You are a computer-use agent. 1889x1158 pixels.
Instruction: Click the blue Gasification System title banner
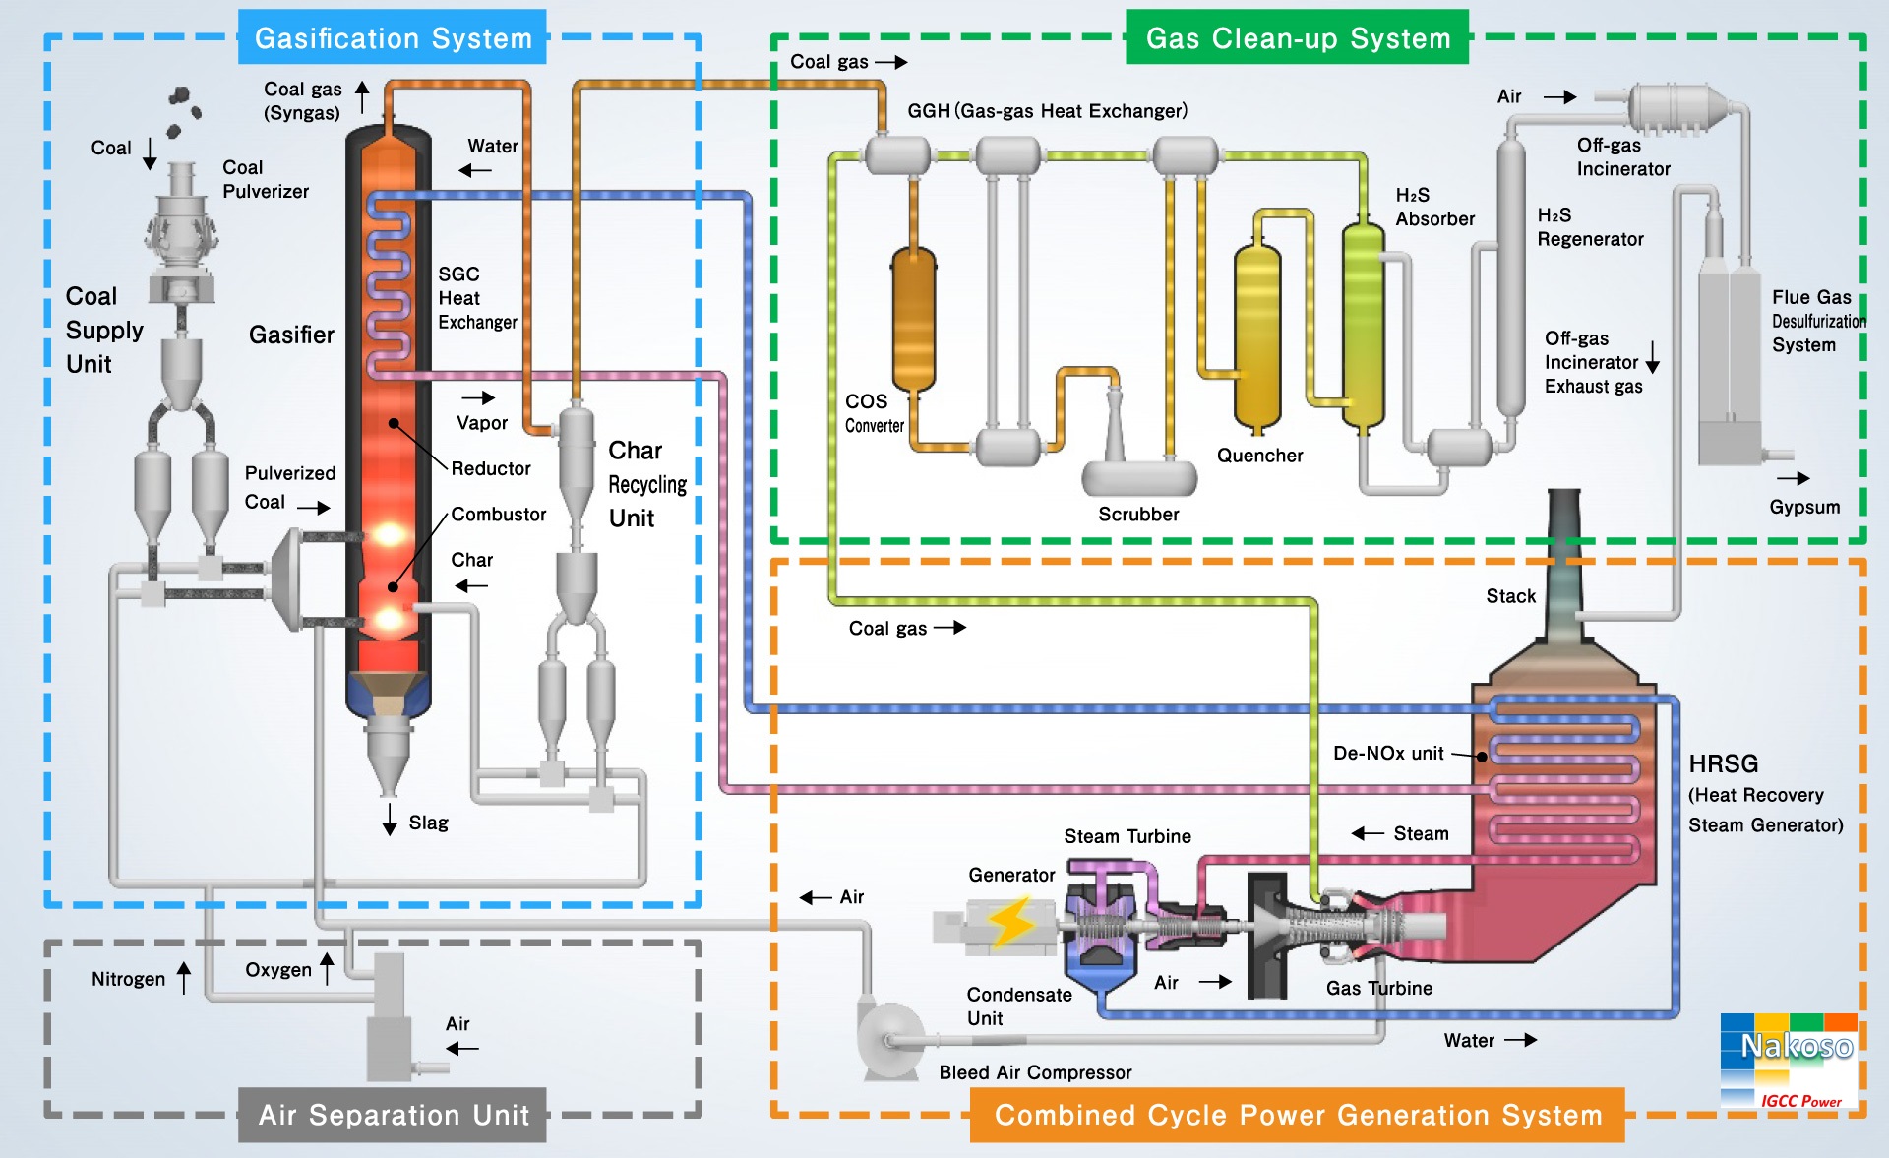pyautogui.click(x=392, y=37)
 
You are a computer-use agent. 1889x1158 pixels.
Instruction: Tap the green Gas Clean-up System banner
pyautogui.click(x=1297, y=37)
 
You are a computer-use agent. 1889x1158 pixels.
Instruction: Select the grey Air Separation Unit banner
pyautogui.click(x=393, y=1115)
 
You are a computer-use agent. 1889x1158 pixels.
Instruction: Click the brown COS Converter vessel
pyautogui.click(x=913, y=320)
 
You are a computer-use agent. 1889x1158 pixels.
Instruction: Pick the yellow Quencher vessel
pyautogui.click(x=1257, y=335)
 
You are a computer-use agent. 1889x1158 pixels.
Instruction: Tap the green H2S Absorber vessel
pyautogui.click(x=1363, y=325)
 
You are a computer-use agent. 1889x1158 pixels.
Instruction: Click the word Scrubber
pyautogui.click(x=1138, y=515)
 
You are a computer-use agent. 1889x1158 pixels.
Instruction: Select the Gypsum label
pyautogui.click(x=1804, y=508)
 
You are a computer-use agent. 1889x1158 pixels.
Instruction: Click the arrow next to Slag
pyautogui.click(x=390, y=819)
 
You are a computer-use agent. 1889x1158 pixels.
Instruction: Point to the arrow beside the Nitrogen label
pyautogui.click(x=184, y=978)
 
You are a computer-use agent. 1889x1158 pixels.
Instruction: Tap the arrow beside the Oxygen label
pyautogui.click(x=327, y=968)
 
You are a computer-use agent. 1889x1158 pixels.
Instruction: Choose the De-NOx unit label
pyautogui.click(x=1388, y=754)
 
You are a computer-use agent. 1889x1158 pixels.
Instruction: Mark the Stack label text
pyautogui.click(x=1510, y=596)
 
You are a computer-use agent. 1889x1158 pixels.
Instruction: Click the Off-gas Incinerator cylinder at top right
pyautogui.click(x=1673, y=106)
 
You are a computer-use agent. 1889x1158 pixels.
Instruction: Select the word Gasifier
pyautogui.click(x=291, y=335)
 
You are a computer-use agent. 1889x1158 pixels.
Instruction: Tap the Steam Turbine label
pyautogui.click(x=1127, y=836)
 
